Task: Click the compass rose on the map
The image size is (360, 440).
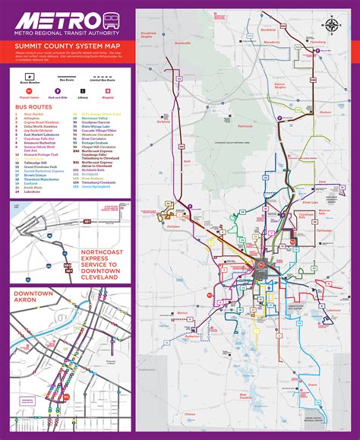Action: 332,25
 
